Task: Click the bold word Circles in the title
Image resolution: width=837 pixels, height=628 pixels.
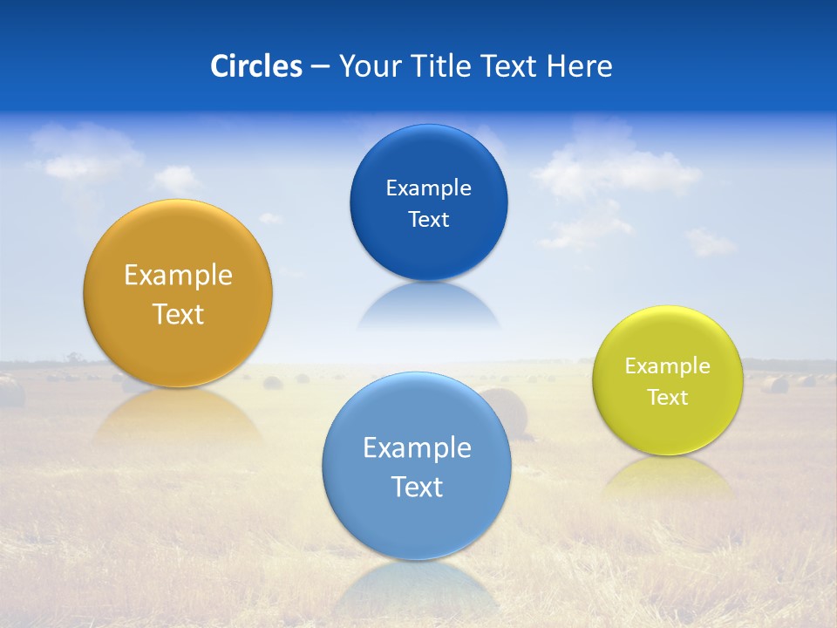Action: [255, 66]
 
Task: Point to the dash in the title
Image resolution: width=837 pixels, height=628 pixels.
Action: [319, 67]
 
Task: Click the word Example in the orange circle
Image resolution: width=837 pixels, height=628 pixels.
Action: [178, 276]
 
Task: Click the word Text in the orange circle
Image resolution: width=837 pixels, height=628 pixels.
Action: [178, 314]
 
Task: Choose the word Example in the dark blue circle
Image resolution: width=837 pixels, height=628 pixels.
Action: [428, 188]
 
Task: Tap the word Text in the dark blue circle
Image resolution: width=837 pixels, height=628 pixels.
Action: [428, 220]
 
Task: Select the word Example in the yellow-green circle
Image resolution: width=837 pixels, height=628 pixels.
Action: [668, 366]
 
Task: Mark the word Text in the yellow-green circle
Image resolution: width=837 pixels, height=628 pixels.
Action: [668, 398]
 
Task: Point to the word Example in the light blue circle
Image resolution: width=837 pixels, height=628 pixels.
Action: [417, 448]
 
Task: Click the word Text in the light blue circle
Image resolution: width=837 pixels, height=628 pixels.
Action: [417, 487]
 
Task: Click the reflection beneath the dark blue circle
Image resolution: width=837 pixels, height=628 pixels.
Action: [428, 305]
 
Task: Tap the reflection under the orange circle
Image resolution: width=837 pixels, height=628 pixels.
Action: [178, 414]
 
